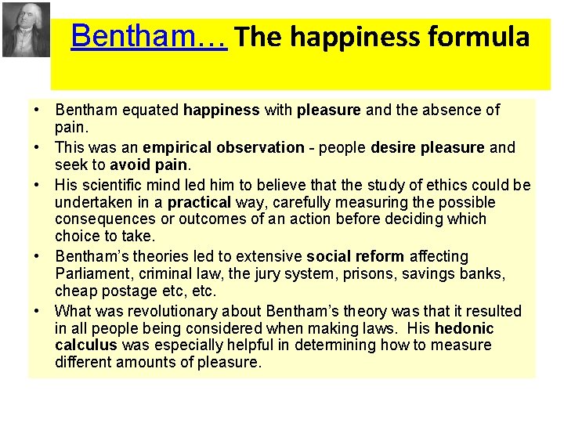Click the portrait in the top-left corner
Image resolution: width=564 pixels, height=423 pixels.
pyautogui.click(x=25, y=30)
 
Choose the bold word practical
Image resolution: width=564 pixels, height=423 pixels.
pyautogui.click(x=199, y=202)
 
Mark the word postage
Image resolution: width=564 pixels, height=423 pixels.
pyautogui.click(x=122, y=291)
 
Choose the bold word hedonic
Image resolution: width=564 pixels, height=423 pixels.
pyautogui.click(x=464, y=328)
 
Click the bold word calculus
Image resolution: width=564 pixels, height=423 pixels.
pyautogui.click(x=86, y=345)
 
